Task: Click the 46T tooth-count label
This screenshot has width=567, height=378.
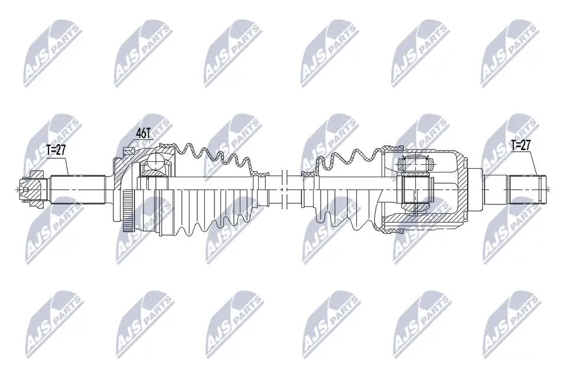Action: pos(143,134)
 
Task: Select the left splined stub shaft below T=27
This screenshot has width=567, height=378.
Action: pos(77,188)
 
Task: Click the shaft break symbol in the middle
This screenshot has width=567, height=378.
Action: pos(284,189)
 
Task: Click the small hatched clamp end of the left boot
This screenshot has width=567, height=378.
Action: pos(259,174)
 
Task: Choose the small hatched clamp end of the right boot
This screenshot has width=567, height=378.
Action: pos(308,174)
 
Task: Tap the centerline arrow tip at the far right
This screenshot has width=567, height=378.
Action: pos(549,189)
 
